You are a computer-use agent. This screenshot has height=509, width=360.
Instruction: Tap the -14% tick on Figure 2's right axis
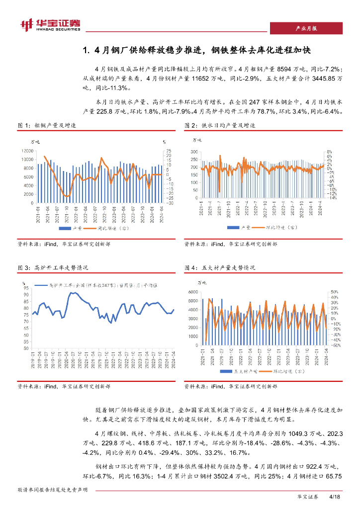(332, 197)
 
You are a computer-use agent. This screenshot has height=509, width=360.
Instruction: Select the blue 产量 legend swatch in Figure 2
(231, 227)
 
